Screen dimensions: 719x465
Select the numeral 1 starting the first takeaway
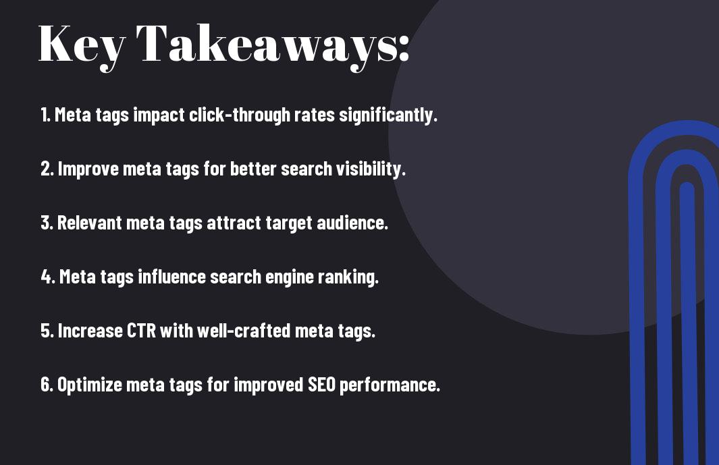pos(45,115)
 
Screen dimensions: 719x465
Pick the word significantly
pos(388,115)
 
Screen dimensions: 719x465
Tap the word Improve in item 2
pos(88,169)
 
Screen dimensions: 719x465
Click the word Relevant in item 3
pos(90,223)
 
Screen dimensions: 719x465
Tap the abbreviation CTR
pos(141,331)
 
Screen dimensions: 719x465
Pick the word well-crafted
pos(244,331)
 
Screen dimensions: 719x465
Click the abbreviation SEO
pos(321,385)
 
